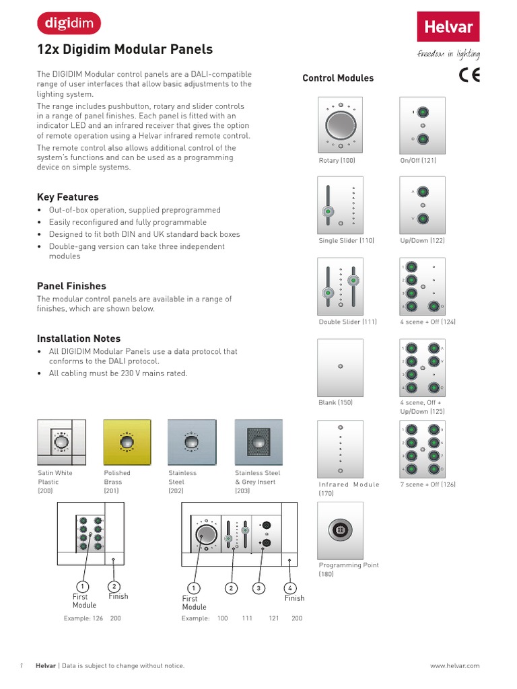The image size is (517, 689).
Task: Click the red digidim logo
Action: tap(68, 24)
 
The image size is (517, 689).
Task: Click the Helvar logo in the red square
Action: tap(448, 27)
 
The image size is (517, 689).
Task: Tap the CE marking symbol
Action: tap(469, 75)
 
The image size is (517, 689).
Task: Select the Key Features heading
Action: tap(67, 197)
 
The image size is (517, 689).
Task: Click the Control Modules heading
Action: tap(338, 78)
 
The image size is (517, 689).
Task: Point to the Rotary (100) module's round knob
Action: tap(340, 125)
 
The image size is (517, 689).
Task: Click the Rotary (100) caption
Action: tap(337, 161)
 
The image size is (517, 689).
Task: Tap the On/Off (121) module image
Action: tap(422, 125)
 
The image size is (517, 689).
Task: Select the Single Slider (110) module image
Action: tap(340, 205)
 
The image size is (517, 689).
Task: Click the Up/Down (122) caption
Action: tap(422, 241)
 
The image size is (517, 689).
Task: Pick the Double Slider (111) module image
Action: tap(340, 286)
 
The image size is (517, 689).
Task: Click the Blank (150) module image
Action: tap(340, 367)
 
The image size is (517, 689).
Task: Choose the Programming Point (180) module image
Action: tap(340, 530)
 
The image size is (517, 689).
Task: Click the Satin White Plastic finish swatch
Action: tap(61, 442)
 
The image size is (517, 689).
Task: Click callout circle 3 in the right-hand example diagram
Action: tap(258, 589)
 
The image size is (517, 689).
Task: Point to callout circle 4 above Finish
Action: tap(290, 589)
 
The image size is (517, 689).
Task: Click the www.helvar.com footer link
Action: tap(454, 665)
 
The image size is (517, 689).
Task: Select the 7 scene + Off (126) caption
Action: tap(427, 484)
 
